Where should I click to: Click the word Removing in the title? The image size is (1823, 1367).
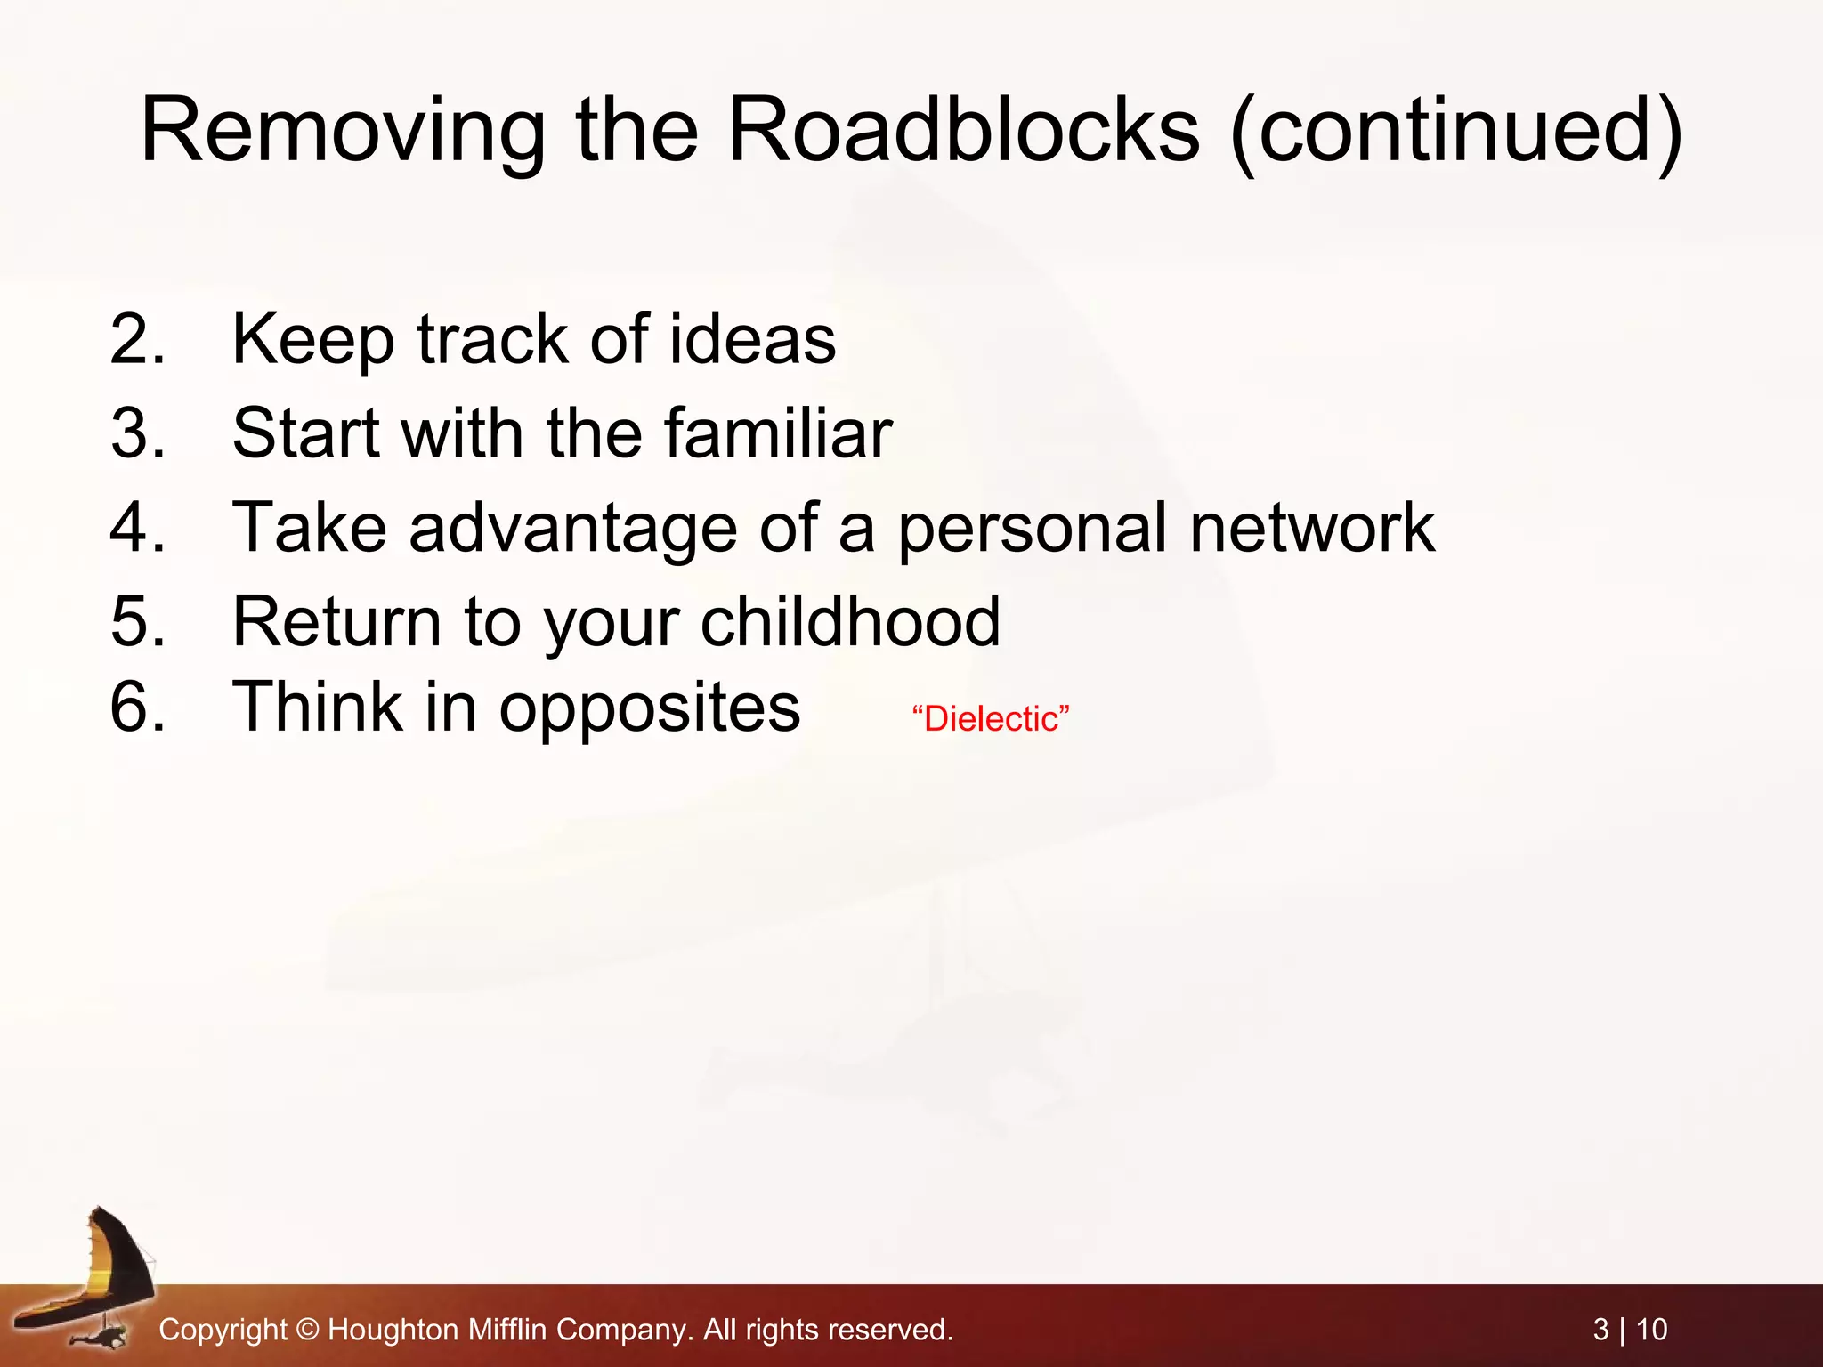tap(343, 131)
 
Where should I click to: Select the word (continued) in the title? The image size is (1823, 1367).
tap(1456, 131)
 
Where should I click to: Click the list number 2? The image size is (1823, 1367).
tap(137, 339)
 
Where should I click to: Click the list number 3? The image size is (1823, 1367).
tap(137, 433)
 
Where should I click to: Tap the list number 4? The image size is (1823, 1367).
tap(137, 528)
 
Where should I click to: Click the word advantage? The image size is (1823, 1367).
tap(573, 528)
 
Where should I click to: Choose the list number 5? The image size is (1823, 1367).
tap(137, 621)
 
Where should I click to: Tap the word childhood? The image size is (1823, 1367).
tap(850, 621)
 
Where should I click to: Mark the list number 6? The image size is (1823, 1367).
tap(137, 708)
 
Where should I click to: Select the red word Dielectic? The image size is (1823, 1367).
tap(990, 719)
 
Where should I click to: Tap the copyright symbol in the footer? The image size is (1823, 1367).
tap(307, 1330)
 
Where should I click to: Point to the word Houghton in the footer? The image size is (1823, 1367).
tap(393, 1330)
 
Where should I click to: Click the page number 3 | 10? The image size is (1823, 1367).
tap(1630, 1330)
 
